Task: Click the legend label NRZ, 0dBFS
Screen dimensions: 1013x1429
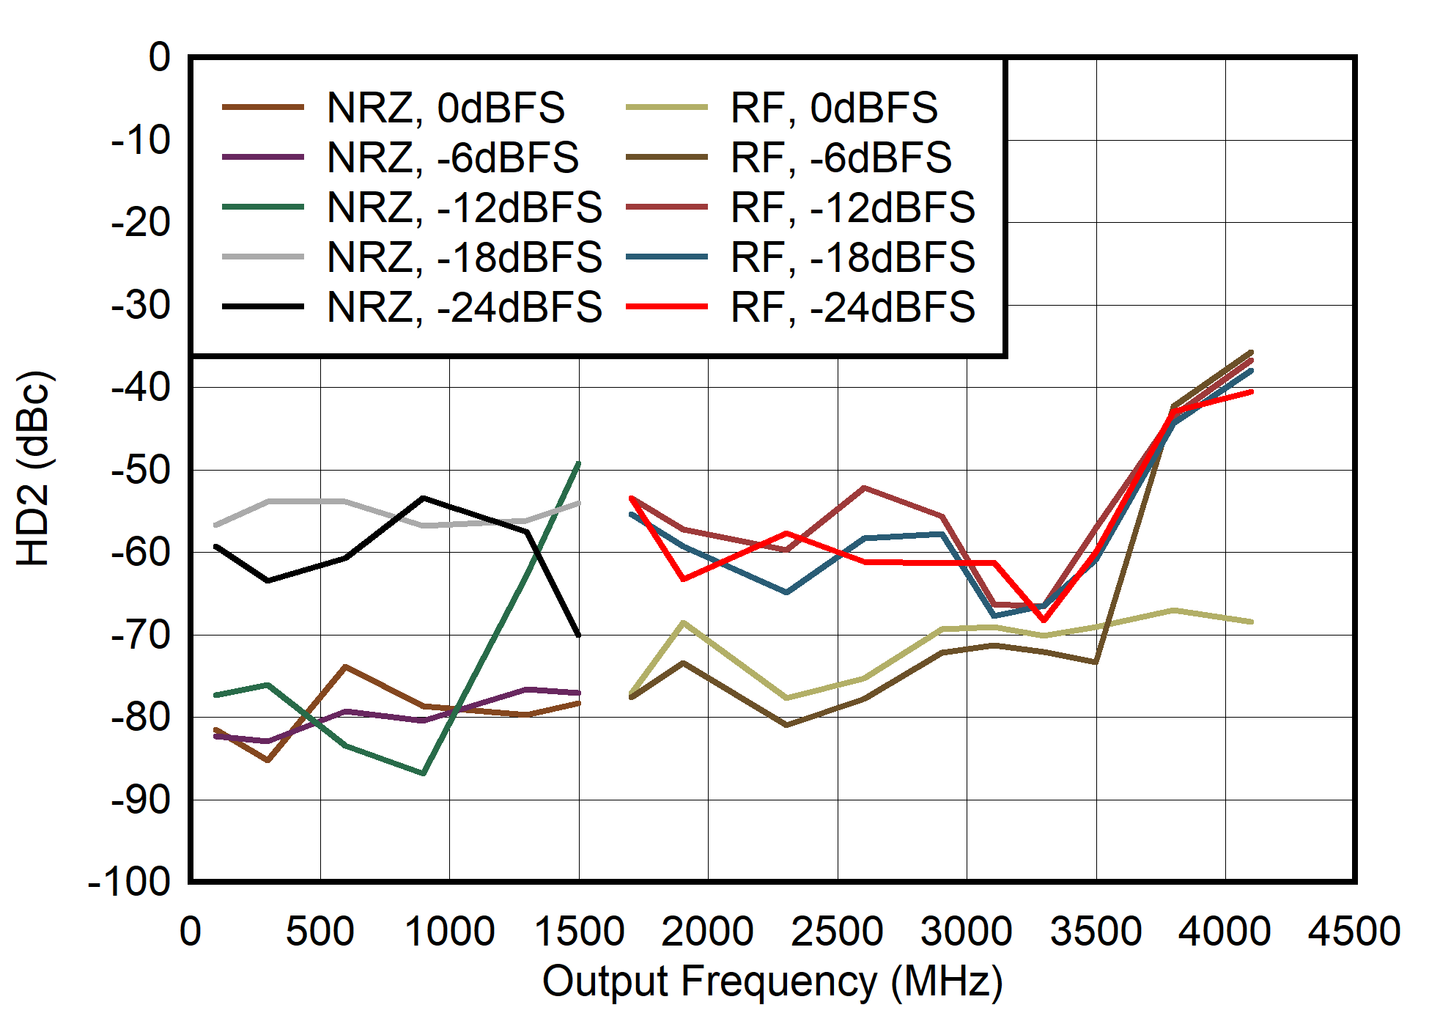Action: click(446, 108)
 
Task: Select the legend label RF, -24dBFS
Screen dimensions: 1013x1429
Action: click(852, 307)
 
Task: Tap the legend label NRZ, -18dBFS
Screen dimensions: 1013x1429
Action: click(465, 257)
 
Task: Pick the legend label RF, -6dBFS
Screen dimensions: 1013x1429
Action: click(841, 158)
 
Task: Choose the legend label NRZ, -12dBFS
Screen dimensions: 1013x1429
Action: click(465, 207)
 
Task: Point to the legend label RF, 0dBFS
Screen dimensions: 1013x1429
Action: click(834, 108)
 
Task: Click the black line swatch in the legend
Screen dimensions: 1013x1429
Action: click(263, 307)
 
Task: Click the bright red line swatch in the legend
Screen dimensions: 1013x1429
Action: click(667, 307)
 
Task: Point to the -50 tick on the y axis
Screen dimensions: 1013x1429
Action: click(140, 470)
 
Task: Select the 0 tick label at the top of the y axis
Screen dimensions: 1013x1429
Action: click(159, 57)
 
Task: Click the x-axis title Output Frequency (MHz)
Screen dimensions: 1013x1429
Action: click(772, 981)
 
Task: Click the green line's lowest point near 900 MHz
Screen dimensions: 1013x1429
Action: click(424, 773)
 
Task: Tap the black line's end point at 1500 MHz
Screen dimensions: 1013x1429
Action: click(579, 635)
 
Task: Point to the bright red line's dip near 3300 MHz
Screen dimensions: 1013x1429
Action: click(1044, 620)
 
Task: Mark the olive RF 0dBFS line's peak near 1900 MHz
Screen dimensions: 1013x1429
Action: click(684, 622)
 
